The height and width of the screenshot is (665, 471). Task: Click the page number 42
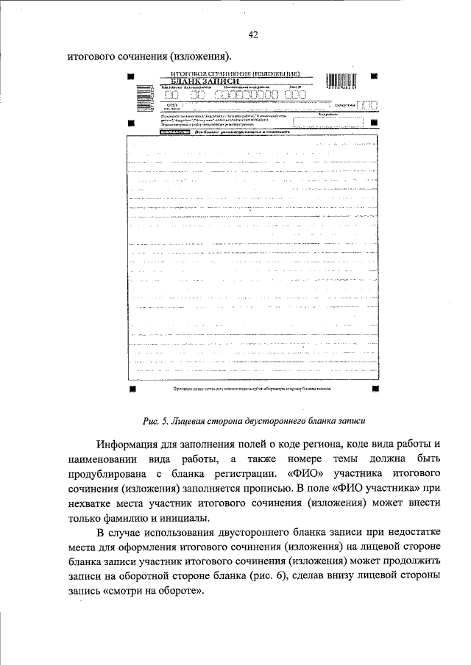252,35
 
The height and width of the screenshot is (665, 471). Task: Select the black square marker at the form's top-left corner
131,76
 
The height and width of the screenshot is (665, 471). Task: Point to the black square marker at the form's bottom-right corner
375,387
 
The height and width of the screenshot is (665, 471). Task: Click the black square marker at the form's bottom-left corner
131,387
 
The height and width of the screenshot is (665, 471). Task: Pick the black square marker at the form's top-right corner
374,76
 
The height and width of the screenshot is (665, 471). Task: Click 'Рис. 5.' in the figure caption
157,421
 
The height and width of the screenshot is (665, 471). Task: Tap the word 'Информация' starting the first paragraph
130,445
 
